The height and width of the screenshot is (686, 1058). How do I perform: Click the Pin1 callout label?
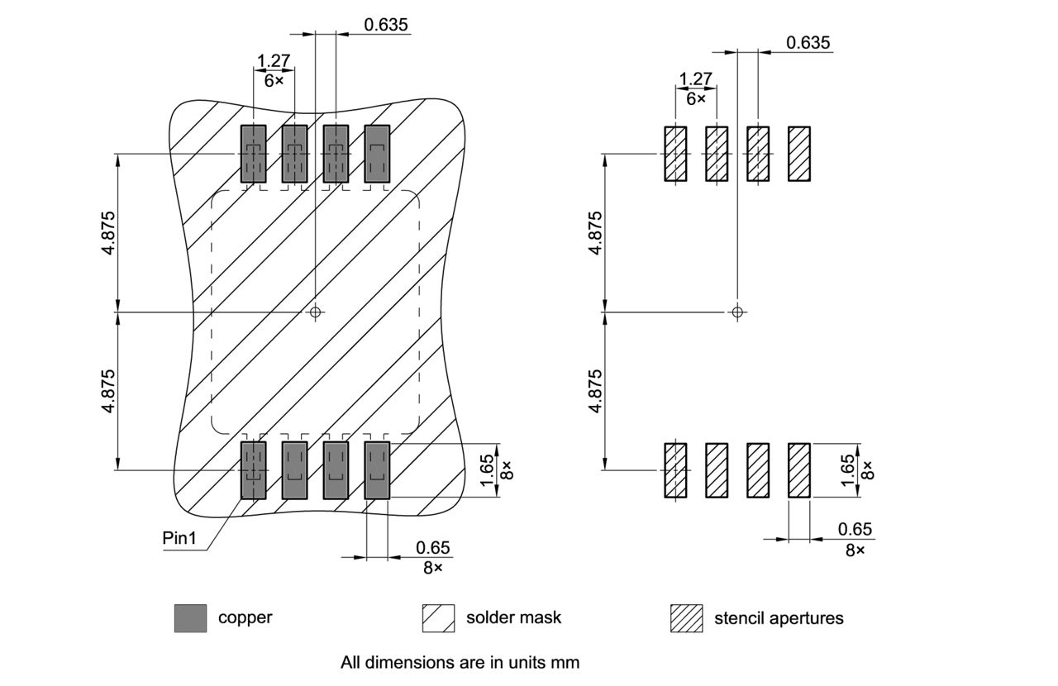coord(181,537)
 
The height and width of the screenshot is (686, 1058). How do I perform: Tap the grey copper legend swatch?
coord(190,617)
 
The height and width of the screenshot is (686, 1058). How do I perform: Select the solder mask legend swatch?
coord(438,617)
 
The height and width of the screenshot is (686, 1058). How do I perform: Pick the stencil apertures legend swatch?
coord(686,617)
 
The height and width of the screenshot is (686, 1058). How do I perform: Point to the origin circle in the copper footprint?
coord(314,312)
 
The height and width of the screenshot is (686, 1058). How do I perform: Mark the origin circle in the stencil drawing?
coord(738,312)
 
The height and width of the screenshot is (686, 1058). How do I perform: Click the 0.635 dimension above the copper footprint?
coord(386,24)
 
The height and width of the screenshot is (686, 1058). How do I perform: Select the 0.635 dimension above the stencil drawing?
coord(808,43)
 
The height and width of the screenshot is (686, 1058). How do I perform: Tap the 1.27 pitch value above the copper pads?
coord(273,61)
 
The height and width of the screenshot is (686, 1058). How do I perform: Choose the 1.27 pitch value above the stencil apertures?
coord(695,79)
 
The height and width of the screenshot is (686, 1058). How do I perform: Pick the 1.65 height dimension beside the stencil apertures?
coord(848,470)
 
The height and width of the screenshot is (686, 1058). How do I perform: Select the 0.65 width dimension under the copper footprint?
coord(433,547)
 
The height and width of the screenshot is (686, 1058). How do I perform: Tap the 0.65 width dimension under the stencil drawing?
coord(855,529)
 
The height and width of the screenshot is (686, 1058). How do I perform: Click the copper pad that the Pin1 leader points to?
coord(253,470)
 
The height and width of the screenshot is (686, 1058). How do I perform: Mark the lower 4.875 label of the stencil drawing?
coord(595,391)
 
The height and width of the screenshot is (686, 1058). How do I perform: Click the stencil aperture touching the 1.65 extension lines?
coord(799,470)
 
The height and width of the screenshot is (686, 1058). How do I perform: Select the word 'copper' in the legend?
coord(245,617)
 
